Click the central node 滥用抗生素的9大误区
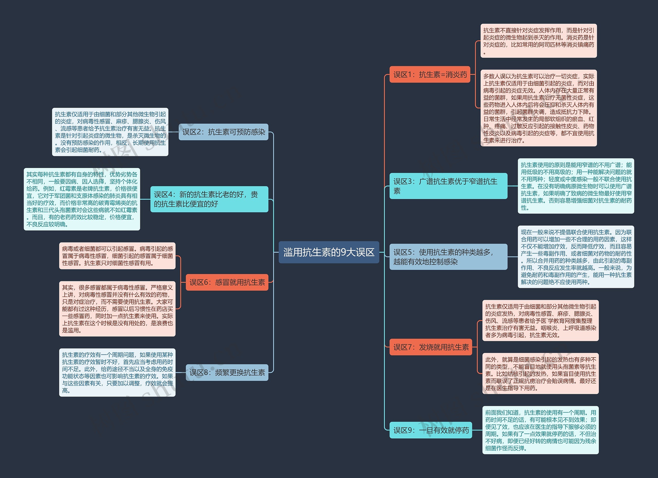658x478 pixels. pos(329,252)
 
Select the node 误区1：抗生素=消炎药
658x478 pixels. pos(430,74)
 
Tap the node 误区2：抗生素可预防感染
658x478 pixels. pos(223,132)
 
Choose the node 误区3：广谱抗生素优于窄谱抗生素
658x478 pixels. pos(448,186)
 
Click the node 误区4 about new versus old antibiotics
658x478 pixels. pos(209,199)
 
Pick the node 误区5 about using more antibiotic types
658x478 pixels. pos(448,257)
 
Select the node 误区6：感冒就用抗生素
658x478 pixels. pos(227,282)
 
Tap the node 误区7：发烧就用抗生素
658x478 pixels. pos(431,347)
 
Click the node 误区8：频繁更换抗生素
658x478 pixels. pos(227,372)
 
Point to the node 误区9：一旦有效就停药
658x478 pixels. pos(431,430)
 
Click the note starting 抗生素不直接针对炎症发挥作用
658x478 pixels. pos(538,41)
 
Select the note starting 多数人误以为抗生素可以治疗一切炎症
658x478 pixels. pos(538,108)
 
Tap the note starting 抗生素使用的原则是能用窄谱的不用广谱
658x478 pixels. pos(576,186)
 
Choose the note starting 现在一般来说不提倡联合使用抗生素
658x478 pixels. pos(576,257)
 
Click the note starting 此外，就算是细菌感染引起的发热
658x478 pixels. pos(540,373)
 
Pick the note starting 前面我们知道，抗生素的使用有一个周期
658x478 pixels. pos(540,430)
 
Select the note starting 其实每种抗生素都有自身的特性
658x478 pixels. pos(82,199)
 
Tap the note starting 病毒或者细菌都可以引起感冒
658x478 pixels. pos(117,256)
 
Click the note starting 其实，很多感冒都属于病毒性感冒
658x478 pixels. pos(117,309)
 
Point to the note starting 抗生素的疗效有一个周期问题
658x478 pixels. pos(117,372)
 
